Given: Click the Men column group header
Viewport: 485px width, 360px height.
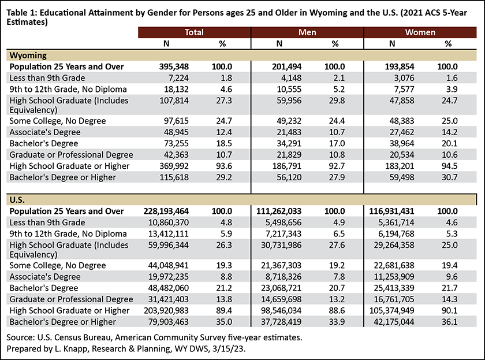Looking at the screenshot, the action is pyautogui.click(x=307, y=32).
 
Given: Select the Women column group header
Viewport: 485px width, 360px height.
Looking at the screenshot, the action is pyautogui.click(x=420, y=32).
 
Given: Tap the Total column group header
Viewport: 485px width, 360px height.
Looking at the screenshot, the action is pyautogui.click(x=194, y=32).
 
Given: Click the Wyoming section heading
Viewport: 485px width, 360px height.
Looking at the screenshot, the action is pyautogui.click(x=28, y=55).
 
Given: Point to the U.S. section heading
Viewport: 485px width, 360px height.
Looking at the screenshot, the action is pyautogui.click(x=17, y=200).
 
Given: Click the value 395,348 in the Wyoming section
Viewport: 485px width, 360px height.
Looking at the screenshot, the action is pyautogui.click(x=174, y=66).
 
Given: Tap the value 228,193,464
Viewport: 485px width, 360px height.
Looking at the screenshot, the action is pyautogui.click(x=166, y=211).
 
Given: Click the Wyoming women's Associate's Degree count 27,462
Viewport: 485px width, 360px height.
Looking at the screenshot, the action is pyautogui.click(x=402, y=132).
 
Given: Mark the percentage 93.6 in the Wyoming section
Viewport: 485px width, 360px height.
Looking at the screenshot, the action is pyautogui.click(x=224, y=166).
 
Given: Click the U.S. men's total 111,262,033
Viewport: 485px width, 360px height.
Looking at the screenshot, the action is pyautogui.click(x=279, y=211).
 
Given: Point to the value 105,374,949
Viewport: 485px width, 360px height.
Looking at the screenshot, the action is pyautogui.click(x=392, y=310).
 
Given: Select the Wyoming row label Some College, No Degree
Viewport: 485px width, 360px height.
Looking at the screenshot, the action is pyautogui.click(x=58, y=121).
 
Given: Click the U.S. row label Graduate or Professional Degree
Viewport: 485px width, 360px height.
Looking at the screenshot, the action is pyautogui.click(x=71, y=299).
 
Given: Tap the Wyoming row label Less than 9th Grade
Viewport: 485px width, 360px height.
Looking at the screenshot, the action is pyautogui.click(x=47, y=78).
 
